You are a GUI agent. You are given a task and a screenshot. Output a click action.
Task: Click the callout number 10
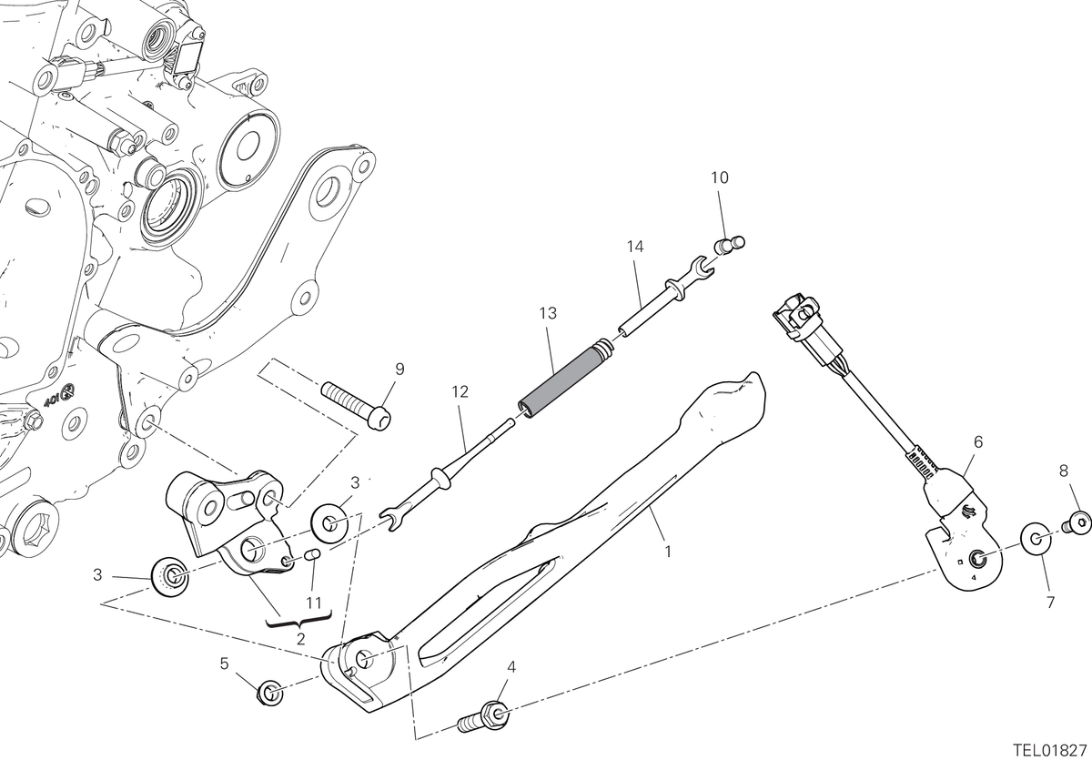click(720, 177)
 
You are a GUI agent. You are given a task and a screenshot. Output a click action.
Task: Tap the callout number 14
click(635, 247)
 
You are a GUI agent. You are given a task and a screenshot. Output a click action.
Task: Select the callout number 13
click(549, 313)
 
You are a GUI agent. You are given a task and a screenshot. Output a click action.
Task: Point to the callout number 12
click(460, 391)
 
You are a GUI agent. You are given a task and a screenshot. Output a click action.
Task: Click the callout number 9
click(399, 369)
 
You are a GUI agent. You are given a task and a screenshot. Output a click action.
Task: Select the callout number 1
click(668, 552)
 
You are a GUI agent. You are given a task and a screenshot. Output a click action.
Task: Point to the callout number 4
click(511, 667)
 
